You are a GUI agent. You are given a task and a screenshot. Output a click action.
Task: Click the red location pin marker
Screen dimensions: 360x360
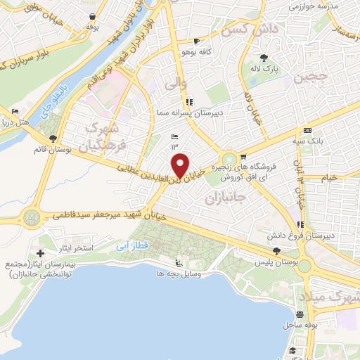[181, 165]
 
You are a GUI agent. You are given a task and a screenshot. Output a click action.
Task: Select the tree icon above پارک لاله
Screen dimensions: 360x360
[264, 58]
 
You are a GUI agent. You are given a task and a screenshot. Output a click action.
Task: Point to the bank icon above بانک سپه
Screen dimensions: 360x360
[307, 130]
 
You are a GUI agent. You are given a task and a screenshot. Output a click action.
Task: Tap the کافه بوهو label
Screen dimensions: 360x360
[195, 52]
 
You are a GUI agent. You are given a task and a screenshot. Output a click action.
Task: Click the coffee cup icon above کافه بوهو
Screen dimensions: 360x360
[196, 41]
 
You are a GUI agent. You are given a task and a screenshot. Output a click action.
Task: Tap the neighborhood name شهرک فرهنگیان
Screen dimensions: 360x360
[105, 136]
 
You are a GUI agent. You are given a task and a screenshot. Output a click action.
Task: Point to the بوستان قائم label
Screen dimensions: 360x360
[49, 149]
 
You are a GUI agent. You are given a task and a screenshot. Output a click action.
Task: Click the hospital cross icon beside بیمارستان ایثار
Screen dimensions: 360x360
[40, 253]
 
